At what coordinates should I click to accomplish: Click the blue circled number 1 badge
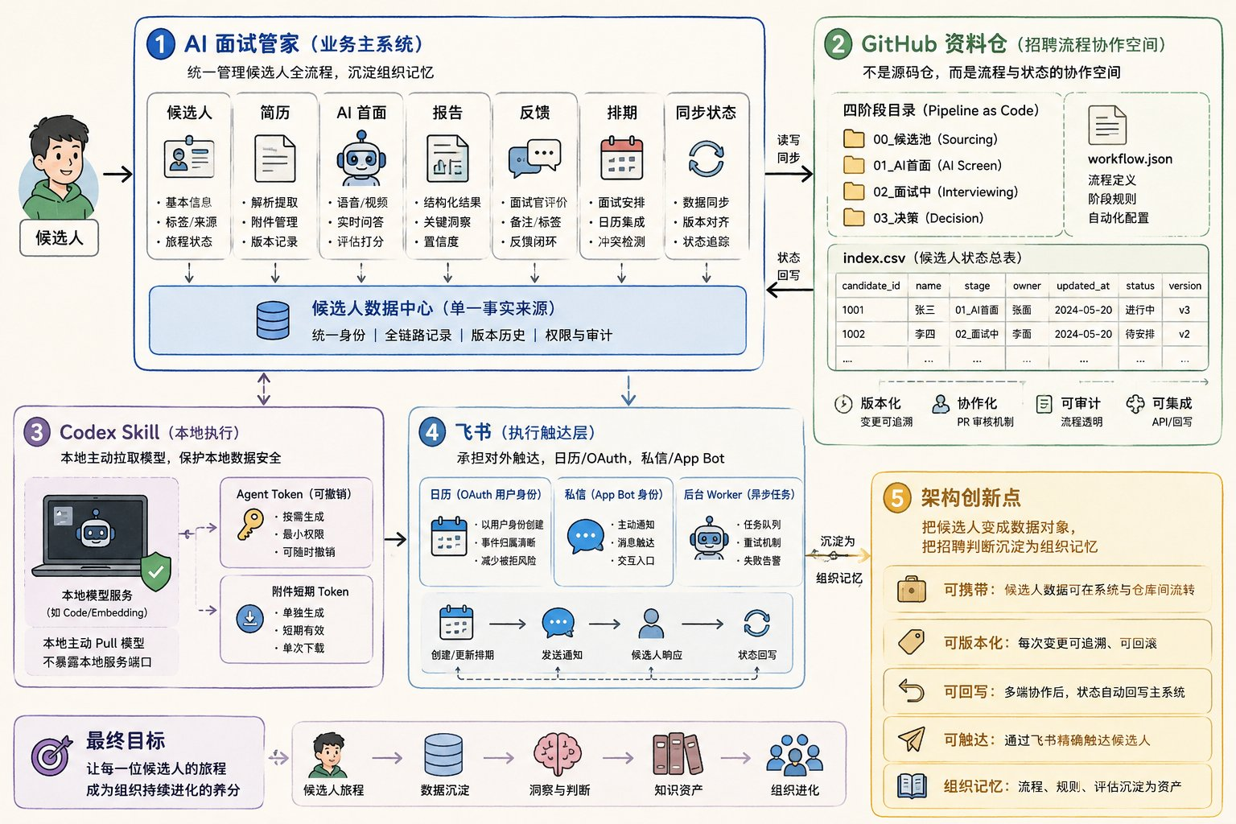[161, 43]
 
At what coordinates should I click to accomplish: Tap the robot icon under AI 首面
[360, 159]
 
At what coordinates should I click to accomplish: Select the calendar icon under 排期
[621, 159]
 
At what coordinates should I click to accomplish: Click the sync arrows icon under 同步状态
[706, 159]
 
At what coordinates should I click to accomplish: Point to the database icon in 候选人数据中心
[273, 320]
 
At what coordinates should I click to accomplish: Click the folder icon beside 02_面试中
[854, 192]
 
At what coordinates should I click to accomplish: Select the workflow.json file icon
[1107, 126]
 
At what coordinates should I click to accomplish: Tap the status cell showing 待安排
[1140, 334]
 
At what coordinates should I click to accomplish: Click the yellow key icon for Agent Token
[250, 525]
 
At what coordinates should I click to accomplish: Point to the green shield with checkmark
[156, 571]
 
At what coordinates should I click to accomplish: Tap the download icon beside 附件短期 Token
[250, 619]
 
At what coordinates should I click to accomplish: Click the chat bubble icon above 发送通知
[558, 623]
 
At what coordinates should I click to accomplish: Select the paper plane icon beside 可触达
[912, 739]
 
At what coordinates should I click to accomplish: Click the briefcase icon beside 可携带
[912, 589]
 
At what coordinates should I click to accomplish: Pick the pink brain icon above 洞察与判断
[558, 754]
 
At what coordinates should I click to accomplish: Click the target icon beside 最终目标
[51, 755]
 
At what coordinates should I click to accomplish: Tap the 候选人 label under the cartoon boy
[59, 238]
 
